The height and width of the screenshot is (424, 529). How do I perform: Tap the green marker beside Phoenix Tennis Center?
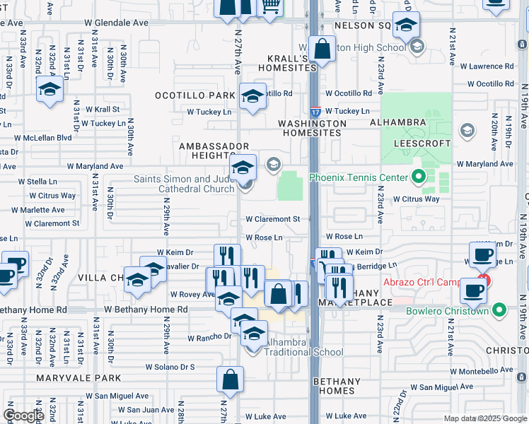(x=417, y=177)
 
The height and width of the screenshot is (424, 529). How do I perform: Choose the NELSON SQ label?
(x=362, y=25)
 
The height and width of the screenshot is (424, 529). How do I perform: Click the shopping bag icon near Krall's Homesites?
(x=322, y=50)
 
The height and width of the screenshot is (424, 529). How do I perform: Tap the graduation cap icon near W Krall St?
(x=50, y=90)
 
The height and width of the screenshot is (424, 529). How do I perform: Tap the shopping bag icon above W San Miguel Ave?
(x=231, y=379)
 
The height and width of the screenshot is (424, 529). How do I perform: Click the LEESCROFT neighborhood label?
(x=426, y=143)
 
